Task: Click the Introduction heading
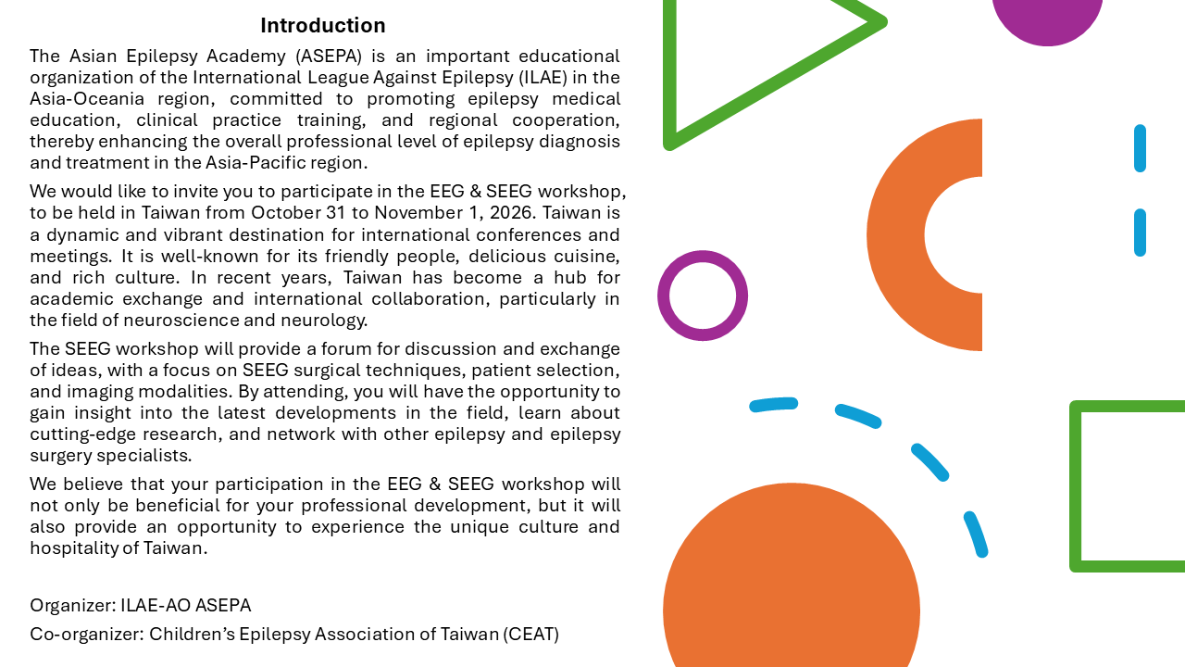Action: click(323, 25)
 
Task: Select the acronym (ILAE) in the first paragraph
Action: click(543, 78)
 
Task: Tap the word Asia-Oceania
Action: click(87, 99)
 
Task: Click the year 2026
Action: click(513, 213)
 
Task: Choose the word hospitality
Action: click(74, 548)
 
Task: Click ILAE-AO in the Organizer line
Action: click(156, 606)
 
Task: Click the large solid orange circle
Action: click(792, 583)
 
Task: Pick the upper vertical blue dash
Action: click(1140, 148)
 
